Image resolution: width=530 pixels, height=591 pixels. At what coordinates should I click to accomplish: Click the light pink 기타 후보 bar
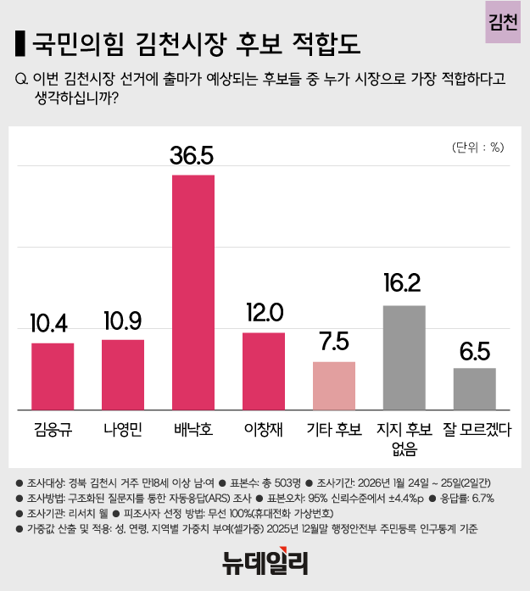point(334,386)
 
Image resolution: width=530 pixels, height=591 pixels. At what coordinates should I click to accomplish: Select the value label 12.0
point(264,312)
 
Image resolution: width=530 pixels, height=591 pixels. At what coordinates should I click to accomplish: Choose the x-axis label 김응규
point(53,429)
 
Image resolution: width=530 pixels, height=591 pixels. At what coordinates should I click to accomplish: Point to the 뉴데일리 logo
point(265,562)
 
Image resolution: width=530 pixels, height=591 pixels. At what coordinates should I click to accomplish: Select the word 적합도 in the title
point(326,42)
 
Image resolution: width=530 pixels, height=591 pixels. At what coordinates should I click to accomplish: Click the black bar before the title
point(20,42)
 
